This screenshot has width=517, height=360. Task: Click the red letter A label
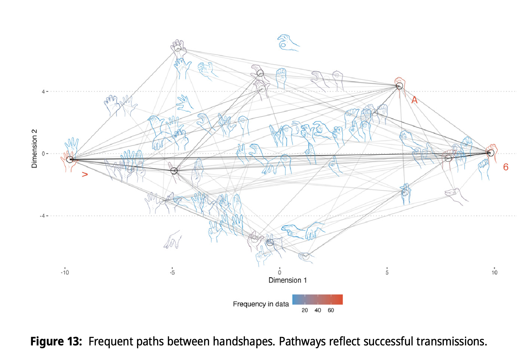point(414,100)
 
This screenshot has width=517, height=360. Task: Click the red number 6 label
point(505,167)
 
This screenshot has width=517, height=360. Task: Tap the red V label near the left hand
point(85,174)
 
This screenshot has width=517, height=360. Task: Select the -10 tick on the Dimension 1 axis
point(65,273)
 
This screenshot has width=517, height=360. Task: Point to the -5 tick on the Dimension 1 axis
point(172,273)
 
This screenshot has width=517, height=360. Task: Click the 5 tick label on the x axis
point(387,273)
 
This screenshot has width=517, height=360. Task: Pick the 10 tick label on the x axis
point(494,273)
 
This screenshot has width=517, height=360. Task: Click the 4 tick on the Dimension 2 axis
point(43,92)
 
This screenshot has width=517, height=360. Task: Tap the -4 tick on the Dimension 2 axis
point(42,216)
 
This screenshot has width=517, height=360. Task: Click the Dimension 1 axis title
point(287,280)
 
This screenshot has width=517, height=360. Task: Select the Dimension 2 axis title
point(34,148)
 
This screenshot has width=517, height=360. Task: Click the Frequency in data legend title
point(261,304)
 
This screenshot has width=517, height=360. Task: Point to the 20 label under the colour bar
point(305,311)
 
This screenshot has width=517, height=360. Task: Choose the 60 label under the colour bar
point(331,311)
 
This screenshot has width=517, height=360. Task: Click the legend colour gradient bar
point(317,300)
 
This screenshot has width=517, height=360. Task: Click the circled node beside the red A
point(399,86)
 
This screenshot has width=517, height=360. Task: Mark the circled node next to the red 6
point(490,153)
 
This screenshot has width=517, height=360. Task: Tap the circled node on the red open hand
point(70,159)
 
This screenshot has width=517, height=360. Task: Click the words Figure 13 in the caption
point(56,341)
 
